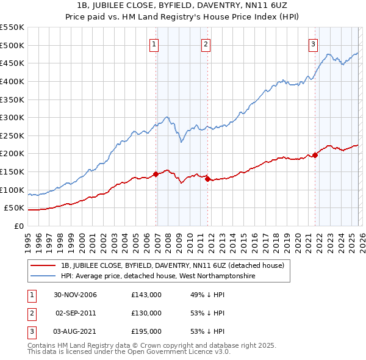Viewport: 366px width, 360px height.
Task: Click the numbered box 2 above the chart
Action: [206, 44]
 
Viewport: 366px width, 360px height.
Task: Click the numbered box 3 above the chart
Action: [313, 44]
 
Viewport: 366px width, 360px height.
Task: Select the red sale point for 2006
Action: [156, 174]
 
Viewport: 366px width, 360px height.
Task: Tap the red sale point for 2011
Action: [207, 179]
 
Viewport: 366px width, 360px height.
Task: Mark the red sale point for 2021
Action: [315, 155]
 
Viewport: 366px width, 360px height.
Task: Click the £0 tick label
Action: [18, 226]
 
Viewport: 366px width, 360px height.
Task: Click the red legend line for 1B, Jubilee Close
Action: [44, 265]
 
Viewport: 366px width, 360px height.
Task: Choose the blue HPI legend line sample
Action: [44, 276]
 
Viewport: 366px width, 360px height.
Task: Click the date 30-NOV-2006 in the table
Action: [76, 295]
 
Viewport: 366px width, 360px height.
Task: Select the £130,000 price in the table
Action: [146, 313]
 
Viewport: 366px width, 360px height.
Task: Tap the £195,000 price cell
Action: [146, 331]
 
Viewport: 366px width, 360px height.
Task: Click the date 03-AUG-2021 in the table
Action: [76, 331]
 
